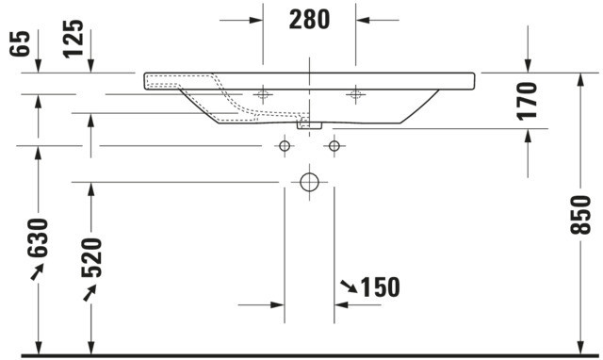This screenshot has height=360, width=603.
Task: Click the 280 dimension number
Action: (x=309, y=20)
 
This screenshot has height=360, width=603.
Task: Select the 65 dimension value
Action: (x=20, y=43)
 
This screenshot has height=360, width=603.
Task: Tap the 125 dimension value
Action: (x=73, y=39)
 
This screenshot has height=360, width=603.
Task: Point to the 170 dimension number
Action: (x=527, y=101)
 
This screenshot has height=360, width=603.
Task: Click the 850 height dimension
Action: (x=580, y=215)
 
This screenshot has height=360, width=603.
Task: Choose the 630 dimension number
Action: (x=38, y=237)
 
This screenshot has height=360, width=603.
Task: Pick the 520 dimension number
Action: (x=91, y=257)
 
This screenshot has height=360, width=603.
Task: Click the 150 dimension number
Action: (x=380, y=286)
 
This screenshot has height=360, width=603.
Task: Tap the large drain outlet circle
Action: (x=310, y=182)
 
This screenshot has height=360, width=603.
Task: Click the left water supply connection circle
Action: (x=285, y=146)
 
